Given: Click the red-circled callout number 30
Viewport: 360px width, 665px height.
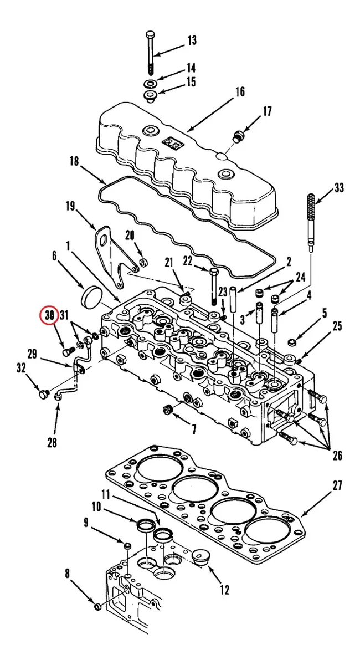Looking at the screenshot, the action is click(49, 315).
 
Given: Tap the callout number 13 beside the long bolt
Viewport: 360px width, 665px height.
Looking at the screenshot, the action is click(192, 40).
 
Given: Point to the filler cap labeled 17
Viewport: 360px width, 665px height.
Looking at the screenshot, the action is click(238, 136).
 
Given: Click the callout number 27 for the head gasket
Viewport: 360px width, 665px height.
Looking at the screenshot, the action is click(337, 485).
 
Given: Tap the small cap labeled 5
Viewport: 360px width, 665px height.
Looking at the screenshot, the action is click(292, 342).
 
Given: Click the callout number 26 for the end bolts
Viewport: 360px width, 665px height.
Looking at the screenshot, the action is click(337, 455).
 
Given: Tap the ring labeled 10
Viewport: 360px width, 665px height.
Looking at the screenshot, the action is click(146, 525).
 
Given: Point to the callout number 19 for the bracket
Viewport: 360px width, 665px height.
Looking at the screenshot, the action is click(70, 206).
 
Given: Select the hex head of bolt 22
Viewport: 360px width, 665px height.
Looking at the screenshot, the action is click(214, 272).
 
